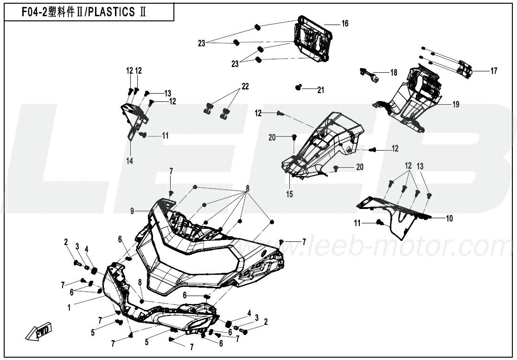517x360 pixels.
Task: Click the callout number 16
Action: coord(345,24)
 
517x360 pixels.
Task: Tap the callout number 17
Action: coord(494,71)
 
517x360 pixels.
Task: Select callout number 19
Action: coord(456,105)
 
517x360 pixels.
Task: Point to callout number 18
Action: coord(394,72)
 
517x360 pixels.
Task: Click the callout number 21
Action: coord(321,90)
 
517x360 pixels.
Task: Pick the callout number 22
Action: coord(245,86)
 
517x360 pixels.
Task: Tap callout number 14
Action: coord(129,161)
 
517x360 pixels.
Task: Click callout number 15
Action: coord(289,194)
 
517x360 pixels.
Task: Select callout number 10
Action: coord(449,218)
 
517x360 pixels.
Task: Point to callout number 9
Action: coord(132,211)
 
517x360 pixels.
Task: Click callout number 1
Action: coord(69,308)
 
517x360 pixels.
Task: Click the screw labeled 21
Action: coord(299,87)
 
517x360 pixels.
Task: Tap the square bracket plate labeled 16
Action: coord(311,39)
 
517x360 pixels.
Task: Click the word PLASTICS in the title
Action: coord(112,12)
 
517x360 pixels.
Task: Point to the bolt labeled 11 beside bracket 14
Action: coord(143,134)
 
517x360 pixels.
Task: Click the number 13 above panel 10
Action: coord(420,166)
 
